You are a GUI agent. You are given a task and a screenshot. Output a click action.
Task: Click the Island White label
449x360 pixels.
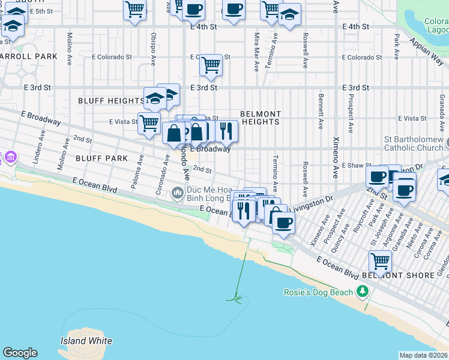point(86,341)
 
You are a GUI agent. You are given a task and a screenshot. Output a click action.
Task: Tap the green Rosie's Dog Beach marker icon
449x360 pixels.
point(361,292)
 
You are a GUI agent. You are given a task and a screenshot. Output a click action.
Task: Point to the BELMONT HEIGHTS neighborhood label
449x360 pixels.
point(261,118)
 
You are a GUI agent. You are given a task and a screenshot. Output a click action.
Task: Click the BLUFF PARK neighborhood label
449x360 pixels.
point(101,158)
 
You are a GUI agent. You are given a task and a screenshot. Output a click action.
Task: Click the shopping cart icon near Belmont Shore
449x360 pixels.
point(380,261)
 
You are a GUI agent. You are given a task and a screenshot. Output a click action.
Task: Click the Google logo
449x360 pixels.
point(20,353)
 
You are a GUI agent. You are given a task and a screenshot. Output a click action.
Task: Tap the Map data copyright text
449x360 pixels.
point(423,355)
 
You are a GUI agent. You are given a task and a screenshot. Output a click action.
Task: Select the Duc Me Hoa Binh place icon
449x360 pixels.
point(177,193)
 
